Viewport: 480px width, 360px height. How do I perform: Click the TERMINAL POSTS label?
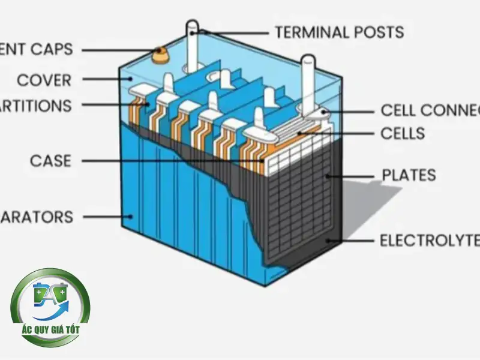[339, 31]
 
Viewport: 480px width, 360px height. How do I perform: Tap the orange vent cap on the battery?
[160, 55]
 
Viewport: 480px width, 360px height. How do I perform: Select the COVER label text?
[44, 80]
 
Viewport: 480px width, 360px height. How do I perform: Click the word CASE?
[50, 161]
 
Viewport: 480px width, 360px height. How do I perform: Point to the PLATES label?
[409, 175]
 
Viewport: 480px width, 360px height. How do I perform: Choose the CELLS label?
[403, 133]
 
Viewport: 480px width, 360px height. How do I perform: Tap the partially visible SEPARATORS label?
[37, 216]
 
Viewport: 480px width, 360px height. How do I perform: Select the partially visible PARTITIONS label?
[36, 106]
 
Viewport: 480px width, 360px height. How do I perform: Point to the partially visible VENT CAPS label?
[35, 49]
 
